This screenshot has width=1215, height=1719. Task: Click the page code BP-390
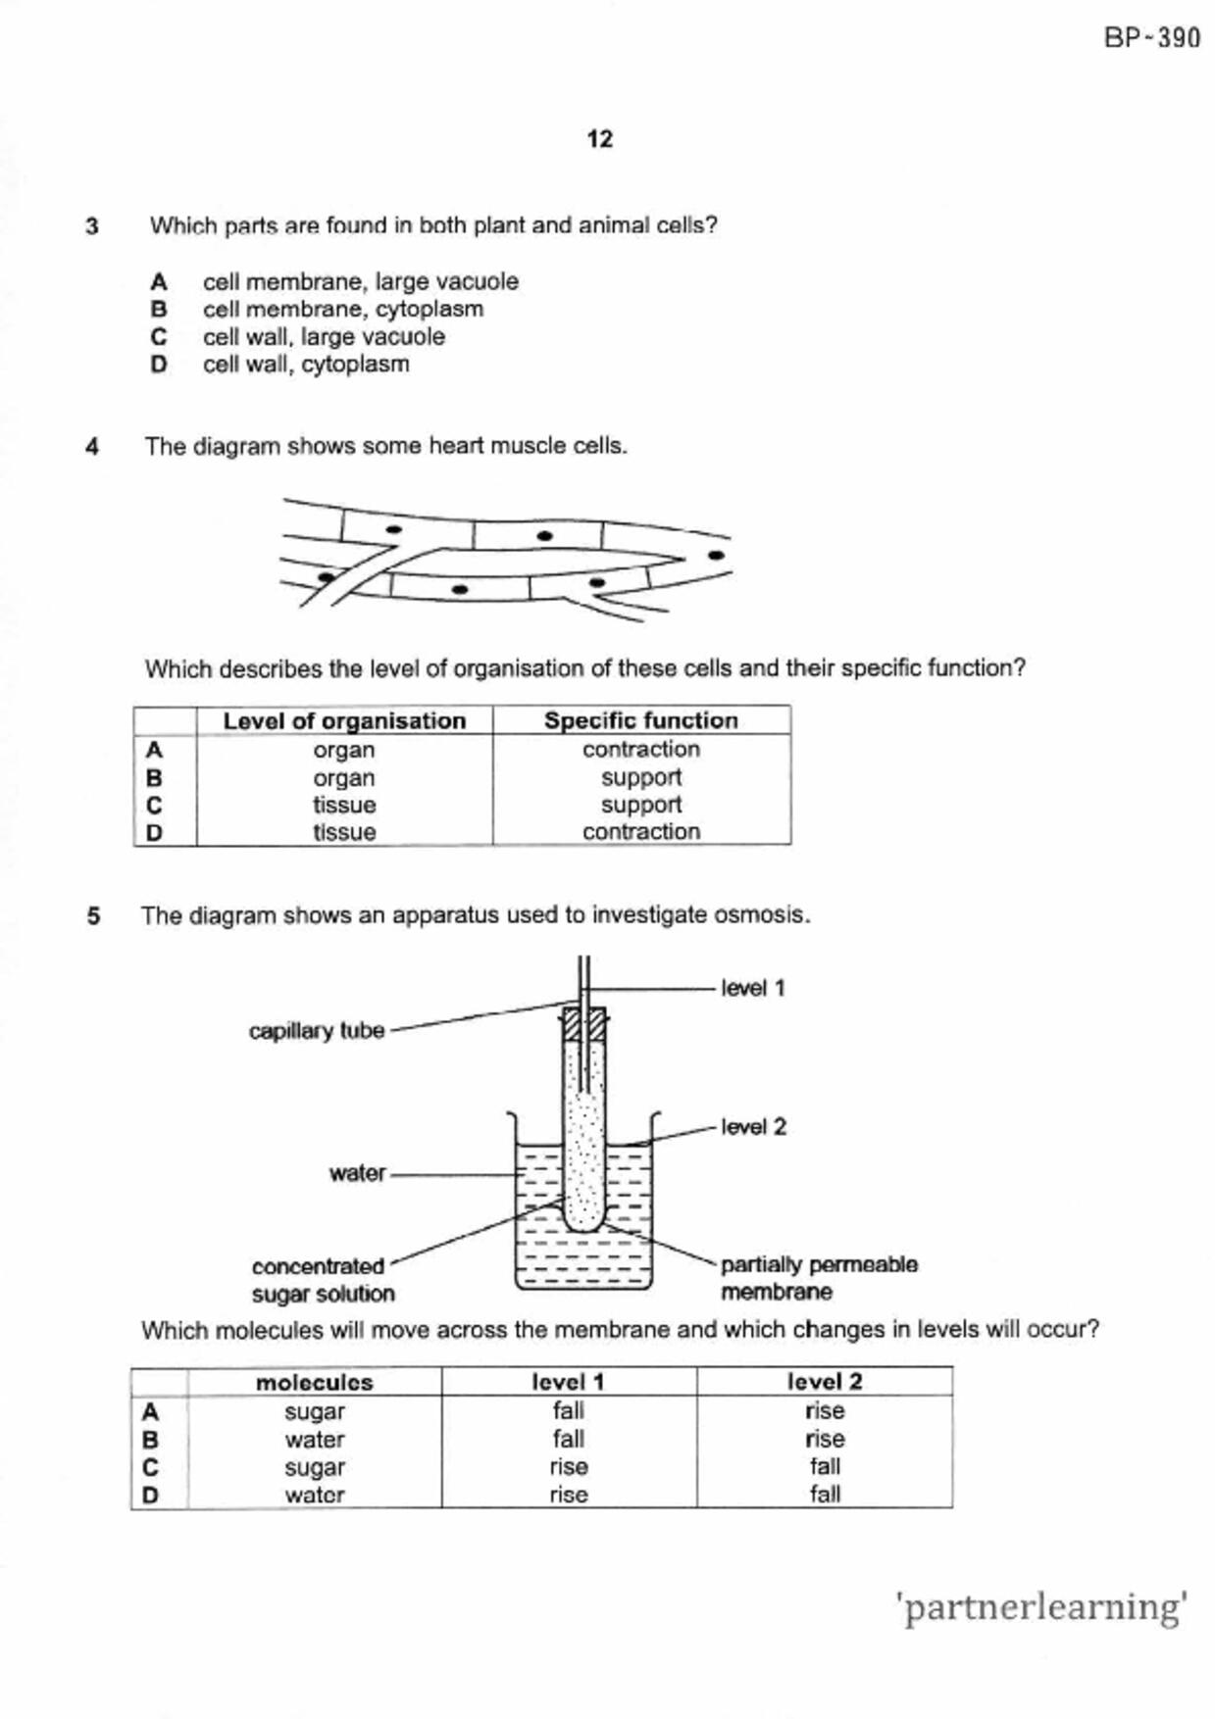[x=1151, y=38]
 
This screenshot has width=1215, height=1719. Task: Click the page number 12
[x=600, y=139]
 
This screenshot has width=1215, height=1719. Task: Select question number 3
[x=92, y=226]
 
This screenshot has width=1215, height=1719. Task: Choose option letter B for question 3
[x=159, y=310]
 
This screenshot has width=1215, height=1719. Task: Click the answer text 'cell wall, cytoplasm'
[x=306, y=365]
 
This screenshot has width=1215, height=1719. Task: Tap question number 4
[x=92, y=447]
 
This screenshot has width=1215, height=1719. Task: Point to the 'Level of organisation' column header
[x=344, y=720]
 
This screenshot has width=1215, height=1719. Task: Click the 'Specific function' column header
[x=641, y=720]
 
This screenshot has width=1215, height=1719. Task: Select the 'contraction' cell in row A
[x=641, y=750]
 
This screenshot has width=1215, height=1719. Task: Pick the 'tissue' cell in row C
[x=344, y=805]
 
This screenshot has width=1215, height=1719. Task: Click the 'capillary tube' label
[x=317, y=1031]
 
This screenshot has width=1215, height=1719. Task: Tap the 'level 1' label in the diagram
[x=753, y=988]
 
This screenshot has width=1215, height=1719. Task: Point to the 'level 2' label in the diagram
[x=753, y=1127]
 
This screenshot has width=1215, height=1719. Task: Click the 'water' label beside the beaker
[x=357, y=1173]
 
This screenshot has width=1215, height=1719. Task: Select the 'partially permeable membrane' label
[x=819, y=1278]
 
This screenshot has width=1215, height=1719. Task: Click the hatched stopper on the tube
[x=583, y=1025]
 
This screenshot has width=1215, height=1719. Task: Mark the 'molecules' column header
[x=314, y=1382]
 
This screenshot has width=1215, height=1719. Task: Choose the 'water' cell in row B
[x=314, y=1440]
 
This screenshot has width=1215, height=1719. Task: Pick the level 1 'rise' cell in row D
[x=569, y=1495]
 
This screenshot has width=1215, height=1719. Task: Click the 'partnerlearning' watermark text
[x=1040, y=1607]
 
